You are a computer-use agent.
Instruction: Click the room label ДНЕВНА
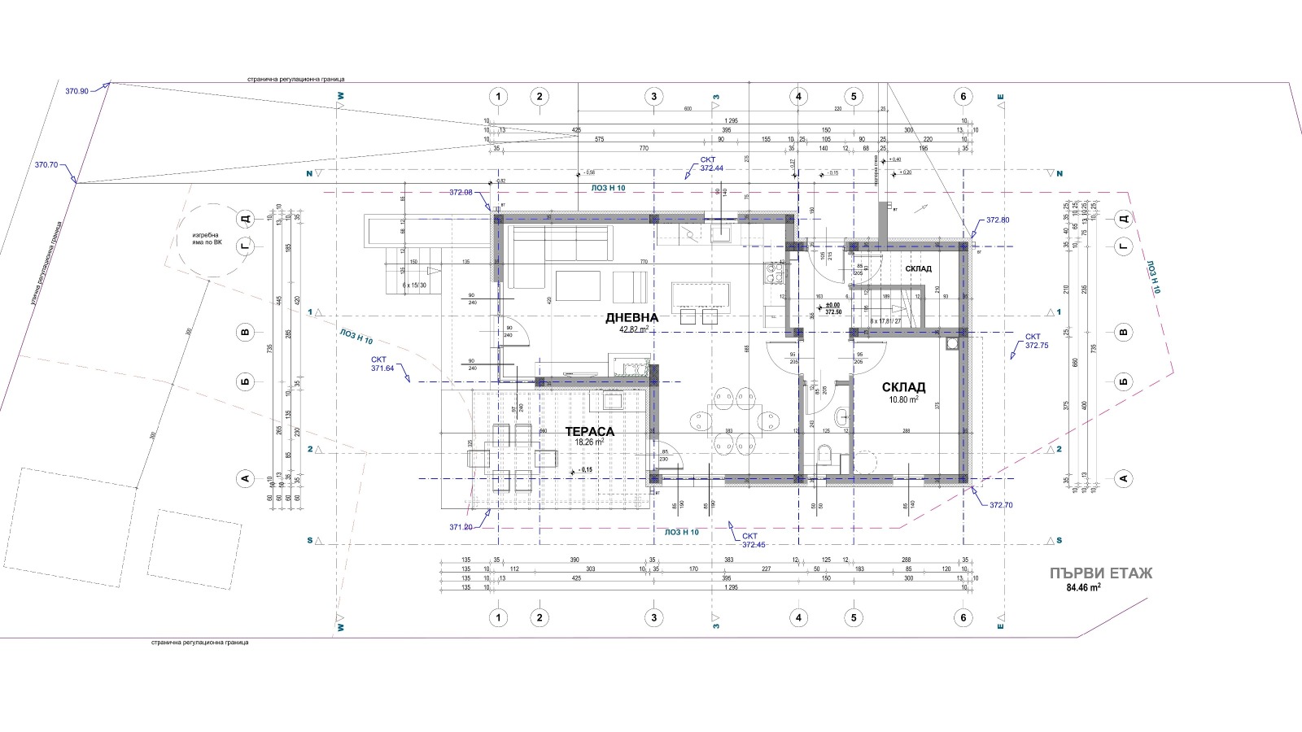tap(631, 318)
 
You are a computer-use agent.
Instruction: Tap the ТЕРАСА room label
tap(589, 432)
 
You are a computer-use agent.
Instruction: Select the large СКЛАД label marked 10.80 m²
tap(903, 388)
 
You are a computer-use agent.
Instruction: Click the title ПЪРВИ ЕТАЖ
tap(1101, 573)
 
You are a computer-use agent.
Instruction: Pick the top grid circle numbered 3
tap(653, 97)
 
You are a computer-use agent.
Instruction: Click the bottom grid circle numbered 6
tap(963, 618)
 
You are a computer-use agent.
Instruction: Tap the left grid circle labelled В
tap(245, 333)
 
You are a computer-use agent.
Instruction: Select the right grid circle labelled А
tap(1124, 479)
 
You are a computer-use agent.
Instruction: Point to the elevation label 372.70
tap(1001, 505)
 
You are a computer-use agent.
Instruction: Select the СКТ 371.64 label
tap(382, 364)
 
